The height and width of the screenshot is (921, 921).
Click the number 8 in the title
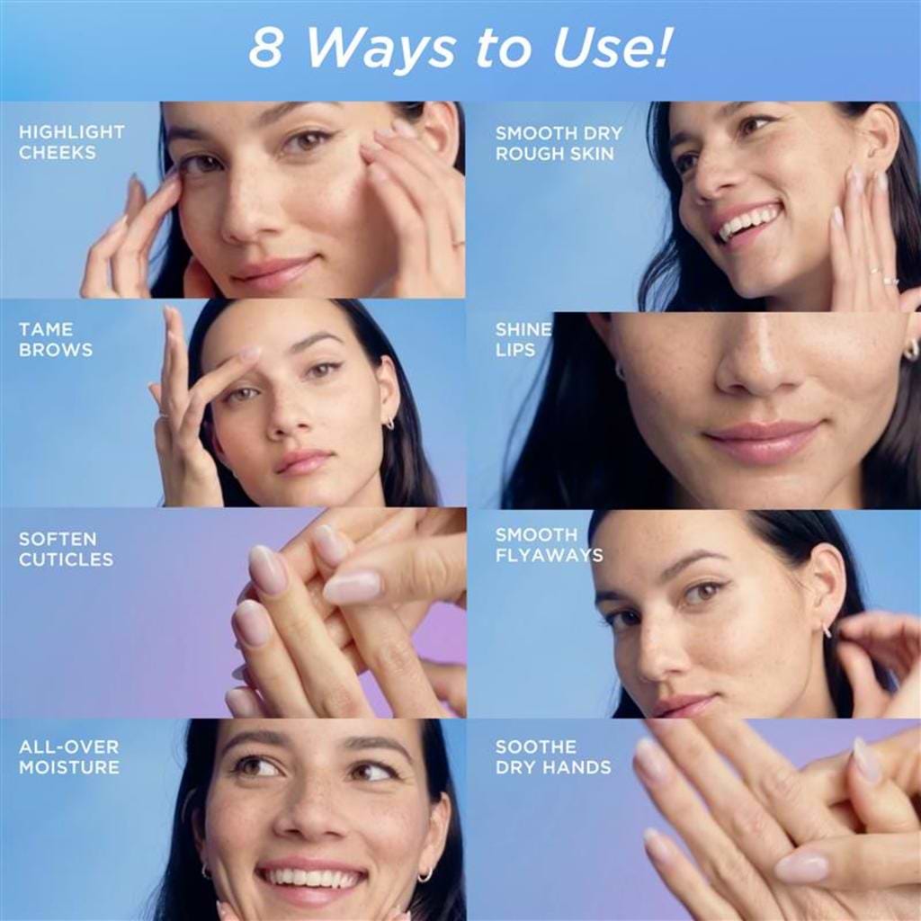pyautogui.click(x=265, y=48)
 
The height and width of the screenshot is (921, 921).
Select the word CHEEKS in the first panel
pyautogui.click(x=57, y=153)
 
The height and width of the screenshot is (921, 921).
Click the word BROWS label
pyautogui.click(x=56, y=350)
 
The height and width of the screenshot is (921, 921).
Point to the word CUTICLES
pyautogui.click(x=66, y=559)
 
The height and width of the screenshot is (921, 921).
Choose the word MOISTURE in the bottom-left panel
pyautogui.click(x=68, y=767)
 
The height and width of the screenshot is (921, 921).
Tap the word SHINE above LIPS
pyautogui.click(x=523, y=329)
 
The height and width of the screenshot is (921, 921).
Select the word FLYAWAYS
pyautogui.click(x=550, y=556)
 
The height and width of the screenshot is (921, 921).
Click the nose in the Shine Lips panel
pyautogui.click(x=756, y=365)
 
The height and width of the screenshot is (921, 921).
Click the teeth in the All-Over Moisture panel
pyautogui.click(x=312, y=878)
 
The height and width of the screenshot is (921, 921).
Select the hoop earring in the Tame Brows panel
pyautogui.click(x=389, y=423)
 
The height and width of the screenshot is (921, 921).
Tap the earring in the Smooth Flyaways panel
pyautogui.click(x=827, y=630)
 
